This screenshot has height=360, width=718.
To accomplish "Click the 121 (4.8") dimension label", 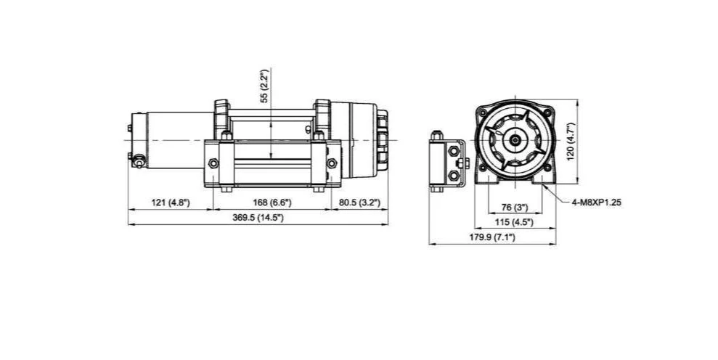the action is [171, 202].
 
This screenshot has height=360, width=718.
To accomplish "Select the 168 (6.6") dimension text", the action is [272, 202].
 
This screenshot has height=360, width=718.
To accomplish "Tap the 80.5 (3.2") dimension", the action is [359, 202].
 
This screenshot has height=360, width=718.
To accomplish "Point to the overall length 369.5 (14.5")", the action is [258, 218].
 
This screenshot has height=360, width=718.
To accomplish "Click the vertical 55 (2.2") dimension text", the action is [264, 86].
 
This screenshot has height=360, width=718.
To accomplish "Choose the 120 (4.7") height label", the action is [570, 141].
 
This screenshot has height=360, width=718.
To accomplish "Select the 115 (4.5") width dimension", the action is [515, 222].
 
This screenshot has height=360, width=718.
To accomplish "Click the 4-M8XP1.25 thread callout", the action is [597, 202].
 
